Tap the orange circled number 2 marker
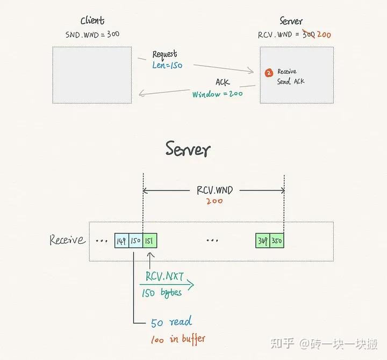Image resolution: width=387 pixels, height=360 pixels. pyautogui.click(x=269, y=72)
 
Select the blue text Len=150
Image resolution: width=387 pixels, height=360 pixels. pyautogui.click(x=167, y=65)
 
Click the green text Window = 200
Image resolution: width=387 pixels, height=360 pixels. pyautogui.click(x=217, y=94)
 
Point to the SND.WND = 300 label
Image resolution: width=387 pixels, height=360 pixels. pyautogui.click(x=92, y=34)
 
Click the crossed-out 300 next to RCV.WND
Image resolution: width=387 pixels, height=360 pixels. pyautogui.click(x=309, y=34)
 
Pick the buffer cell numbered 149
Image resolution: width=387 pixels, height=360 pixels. pyautogui.click(x=121, y=241)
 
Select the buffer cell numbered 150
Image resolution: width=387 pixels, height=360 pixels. pyautogui.click(x=135, y=241)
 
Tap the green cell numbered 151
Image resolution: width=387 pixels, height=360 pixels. pyautogui.click(x=149, y=241)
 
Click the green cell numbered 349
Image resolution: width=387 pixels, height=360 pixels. pyautogui.click(x=262, y=241)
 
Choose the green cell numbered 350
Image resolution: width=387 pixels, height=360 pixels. pyautogui.click(x=277, y=241)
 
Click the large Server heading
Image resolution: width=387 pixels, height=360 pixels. pyautogui.click(x=188, y=149)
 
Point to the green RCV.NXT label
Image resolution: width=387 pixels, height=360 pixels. pyautogui.click(x=164, y=277)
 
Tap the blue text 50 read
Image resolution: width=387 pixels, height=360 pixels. pyautogui.click(x=171, y=323)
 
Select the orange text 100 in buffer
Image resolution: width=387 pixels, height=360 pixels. pyautogui.click(x=177, y=338)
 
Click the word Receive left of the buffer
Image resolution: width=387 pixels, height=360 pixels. pyautogui.click(x=67, y=240)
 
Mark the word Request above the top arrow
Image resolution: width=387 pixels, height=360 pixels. pyautogui.click(x=164, y=54)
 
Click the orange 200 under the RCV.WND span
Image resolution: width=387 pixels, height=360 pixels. pyautogui.click(x=213, y=201)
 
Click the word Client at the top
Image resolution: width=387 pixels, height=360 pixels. pyautogui.click(x=92, y=21)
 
